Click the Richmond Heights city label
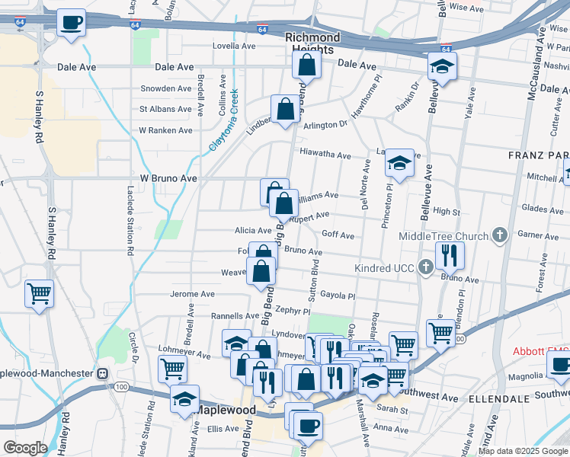312,43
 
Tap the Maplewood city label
226,410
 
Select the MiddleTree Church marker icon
500,235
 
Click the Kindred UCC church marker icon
426,267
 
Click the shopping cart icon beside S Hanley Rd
39,293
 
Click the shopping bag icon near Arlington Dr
285,109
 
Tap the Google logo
26,447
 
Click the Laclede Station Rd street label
130,218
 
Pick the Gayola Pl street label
338,296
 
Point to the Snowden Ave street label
165,88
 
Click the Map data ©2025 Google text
522,451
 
